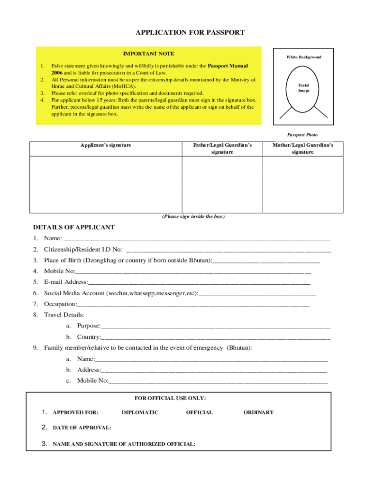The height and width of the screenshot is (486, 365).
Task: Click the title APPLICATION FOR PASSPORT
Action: coord(190,33)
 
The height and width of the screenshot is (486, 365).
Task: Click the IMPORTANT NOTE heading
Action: coord(148,54)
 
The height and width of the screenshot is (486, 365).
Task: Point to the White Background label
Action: coord(303,57)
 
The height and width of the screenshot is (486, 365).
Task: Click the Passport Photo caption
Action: coord(302,135)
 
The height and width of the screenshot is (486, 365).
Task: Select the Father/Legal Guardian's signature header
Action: coord(222,148)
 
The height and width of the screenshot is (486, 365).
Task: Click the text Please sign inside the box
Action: coord(193,216)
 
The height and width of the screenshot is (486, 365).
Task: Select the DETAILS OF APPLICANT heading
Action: coord(74,227)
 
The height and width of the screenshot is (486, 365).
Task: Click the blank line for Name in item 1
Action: coord(197,238)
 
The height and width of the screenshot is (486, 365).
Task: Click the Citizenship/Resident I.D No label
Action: coord(83,250)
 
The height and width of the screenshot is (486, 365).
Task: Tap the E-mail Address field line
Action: coord(199,282)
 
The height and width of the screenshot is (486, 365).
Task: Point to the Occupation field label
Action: coord(60,304)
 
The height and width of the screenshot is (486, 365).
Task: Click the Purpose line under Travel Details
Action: coord(215,326)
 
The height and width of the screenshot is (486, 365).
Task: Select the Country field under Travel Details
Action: coord(215,337)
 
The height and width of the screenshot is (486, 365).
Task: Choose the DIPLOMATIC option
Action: coord(140,412)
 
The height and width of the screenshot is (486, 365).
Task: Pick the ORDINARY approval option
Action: coord(258,412)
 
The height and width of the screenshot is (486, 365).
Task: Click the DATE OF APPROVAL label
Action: coord(82,428)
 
